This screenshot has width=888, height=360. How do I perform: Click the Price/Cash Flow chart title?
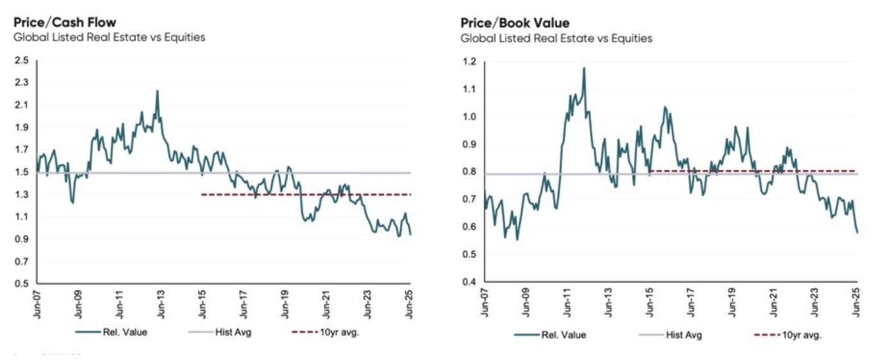pos(65,22)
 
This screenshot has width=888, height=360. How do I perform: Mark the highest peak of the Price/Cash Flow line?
pos(157,91)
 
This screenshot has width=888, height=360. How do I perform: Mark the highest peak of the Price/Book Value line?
pos(585,68)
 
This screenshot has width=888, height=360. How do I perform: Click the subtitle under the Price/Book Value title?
pos(556,39)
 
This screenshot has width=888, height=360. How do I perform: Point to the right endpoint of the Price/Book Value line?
pos(857,232)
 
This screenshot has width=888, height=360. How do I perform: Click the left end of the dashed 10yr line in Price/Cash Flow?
pos(202,194)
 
